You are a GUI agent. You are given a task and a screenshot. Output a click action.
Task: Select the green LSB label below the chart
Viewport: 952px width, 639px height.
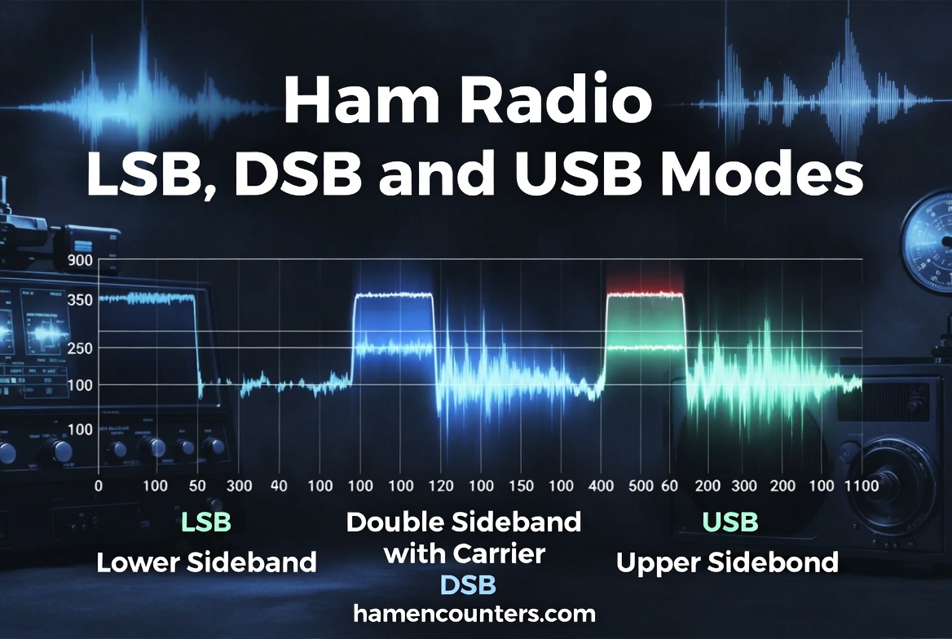(206, 522)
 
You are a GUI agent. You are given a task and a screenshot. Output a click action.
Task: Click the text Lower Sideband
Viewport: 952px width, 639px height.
(206, 562)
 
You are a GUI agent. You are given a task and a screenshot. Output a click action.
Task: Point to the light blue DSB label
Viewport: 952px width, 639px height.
(468, 584)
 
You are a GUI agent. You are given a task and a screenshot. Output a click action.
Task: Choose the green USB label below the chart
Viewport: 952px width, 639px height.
(730, 522)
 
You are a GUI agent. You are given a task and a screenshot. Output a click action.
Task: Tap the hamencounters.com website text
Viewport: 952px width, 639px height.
(474, 613)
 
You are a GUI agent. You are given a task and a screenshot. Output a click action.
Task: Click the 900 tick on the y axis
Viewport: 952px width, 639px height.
(81, 262)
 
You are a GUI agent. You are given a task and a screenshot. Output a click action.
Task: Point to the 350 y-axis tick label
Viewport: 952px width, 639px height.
(81, 299)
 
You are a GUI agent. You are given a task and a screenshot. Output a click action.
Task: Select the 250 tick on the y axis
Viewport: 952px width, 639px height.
(81, 349)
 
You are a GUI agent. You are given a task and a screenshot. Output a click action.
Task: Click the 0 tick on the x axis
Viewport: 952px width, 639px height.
(99, 486)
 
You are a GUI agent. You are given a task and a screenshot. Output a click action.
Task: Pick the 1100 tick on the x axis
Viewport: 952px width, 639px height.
(861, 486)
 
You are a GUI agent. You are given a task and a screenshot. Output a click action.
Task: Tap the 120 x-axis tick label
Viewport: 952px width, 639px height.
(442, 486)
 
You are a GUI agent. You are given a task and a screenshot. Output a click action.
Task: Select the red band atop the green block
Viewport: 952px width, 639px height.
(645, 292)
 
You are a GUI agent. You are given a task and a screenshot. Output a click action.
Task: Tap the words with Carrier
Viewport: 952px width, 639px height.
(464, 554)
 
